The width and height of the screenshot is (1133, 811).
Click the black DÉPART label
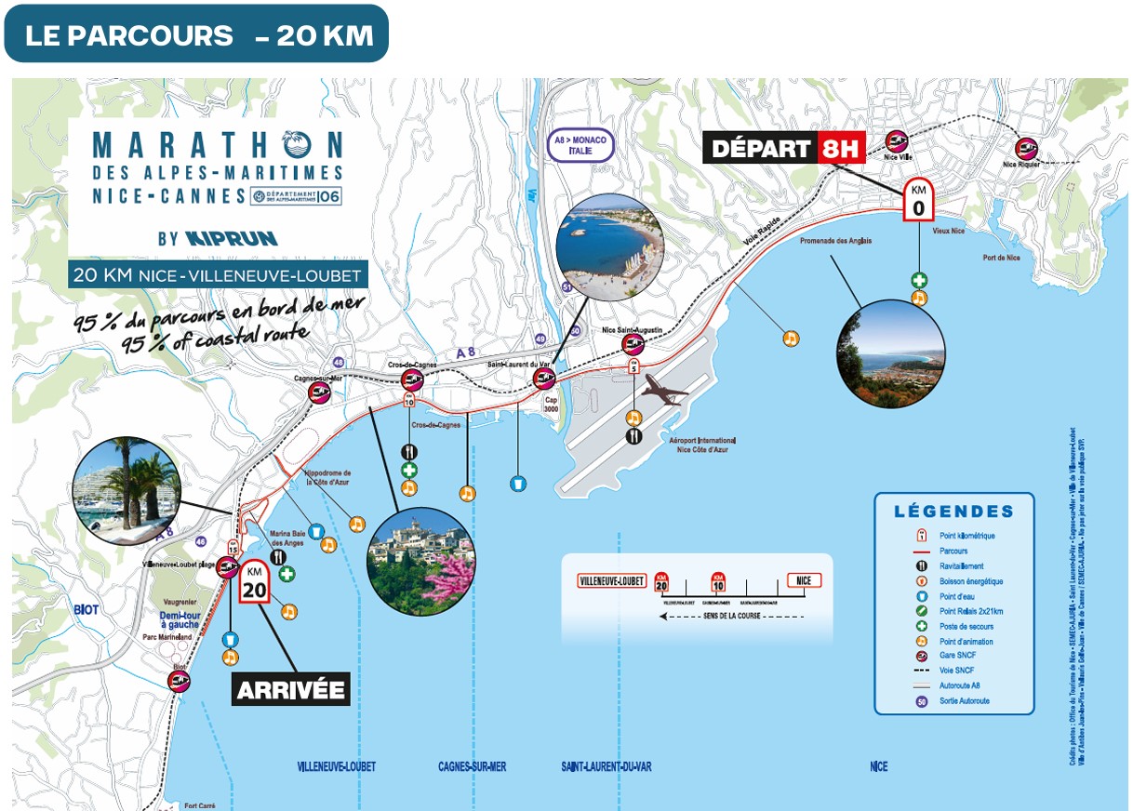tap(761, 148)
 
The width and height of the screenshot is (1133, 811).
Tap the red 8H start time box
tap(842, 148)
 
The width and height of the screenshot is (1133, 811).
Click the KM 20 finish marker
tap(255, 582)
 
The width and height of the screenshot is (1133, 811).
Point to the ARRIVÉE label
tap(291, 690)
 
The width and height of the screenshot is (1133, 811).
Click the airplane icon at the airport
tap(663, 390)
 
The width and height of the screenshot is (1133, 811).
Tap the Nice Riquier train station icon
tap(1027, 147)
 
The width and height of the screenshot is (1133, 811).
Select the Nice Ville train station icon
tap(897, 141)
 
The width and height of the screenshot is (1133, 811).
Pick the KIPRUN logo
tap(232, 238)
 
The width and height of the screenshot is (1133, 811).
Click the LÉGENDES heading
tap(953, 512)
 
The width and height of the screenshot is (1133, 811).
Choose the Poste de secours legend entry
tap(953, 626)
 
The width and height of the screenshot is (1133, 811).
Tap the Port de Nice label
tap(1001, 258)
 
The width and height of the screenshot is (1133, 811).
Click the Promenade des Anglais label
tap(835, 241)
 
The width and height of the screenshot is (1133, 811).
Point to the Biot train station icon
tap(180, 681)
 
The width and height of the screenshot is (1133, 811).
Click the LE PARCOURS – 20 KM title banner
tap(196, 34)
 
